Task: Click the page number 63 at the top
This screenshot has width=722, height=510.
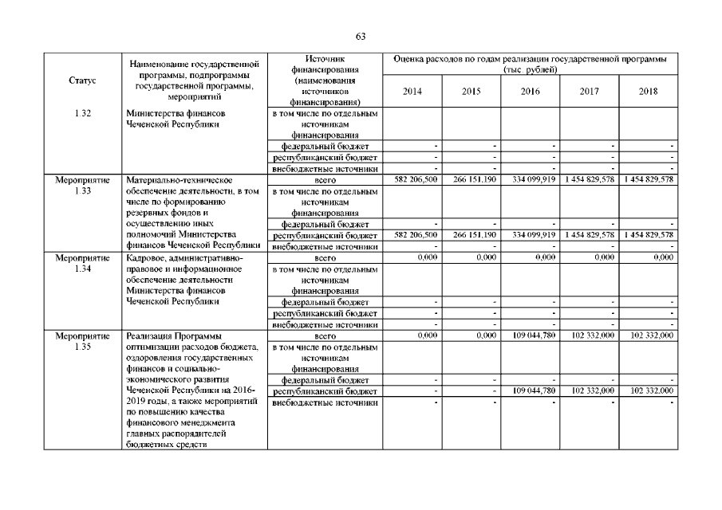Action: pos(360,37)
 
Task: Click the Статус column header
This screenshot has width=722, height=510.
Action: pos(82,80)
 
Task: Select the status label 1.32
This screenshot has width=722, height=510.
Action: pos(82,113)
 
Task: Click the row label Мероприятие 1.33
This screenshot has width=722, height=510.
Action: pos(82,186)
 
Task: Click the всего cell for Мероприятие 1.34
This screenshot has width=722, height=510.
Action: pos(325,258)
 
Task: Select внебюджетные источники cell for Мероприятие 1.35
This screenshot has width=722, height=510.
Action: pos(325,402)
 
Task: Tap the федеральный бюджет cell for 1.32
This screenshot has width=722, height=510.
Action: pos(325,147)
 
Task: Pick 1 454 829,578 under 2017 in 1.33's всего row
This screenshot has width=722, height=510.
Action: pos(590,180)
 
